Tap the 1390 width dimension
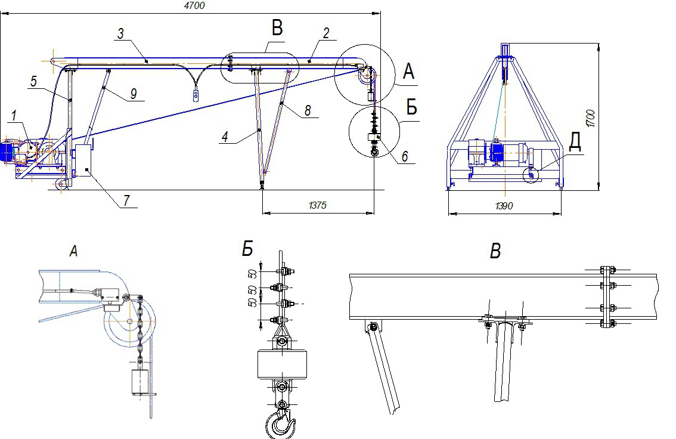504,205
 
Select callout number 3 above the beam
120,34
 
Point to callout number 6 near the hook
404,156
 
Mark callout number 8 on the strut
307,111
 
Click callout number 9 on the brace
132,94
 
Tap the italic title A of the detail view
73,252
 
